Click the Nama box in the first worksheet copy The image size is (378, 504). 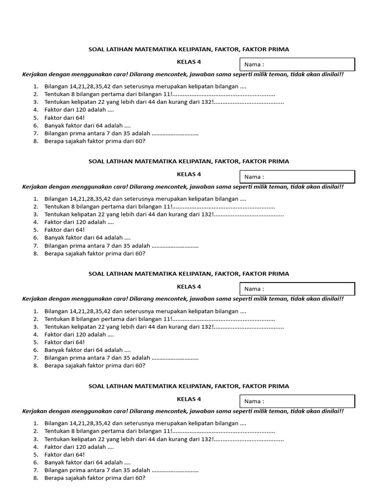tap(297, 64)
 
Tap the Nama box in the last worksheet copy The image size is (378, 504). tap(297, 401)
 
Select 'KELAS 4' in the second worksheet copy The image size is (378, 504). tap(189, 174)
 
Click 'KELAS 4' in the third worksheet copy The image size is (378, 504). tap(189, 286)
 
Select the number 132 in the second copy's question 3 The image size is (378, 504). tap(208, 215)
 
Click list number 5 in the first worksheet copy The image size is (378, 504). tap(36, 118)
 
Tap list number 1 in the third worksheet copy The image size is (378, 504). tap(36, 312)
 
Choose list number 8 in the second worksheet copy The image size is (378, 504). tap(36, 254)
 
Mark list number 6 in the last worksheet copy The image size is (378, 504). tap(36, 463)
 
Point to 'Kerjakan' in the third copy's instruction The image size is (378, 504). tap(35, 299)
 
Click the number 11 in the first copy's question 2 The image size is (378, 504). tap(166, 94)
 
